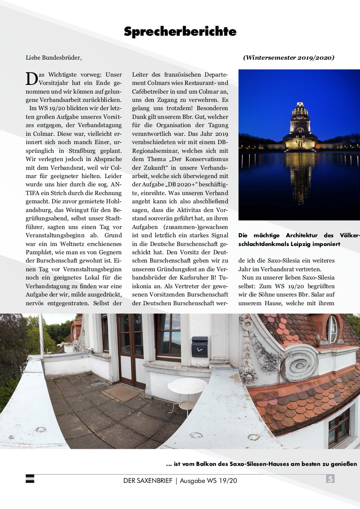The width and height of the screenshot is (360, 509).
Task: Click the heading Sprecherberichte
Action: tap(180, 32)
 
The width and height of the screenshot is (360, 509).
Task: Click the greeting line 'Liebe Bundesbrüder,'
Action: tap(54, 57)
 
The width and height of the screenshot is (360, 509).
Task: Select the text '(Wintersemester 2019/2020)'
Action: tap(289, 57)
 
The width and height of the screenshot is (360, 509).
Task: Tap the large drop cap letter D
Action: tap(32, 78)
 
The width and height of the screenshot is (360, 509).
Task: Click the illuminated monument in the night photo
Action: tap(300, 127)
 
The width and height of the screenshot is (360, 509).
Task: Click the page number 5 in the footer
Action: tap(330, 479)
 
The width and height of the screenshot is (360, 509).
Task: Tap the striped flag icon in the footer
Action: tap(30, 479)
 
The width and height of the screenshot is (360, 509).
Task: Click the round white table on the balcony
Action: tap(187, 388)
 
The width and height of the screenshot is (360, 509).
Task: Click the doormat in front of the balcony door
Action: tap(122, 393)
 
